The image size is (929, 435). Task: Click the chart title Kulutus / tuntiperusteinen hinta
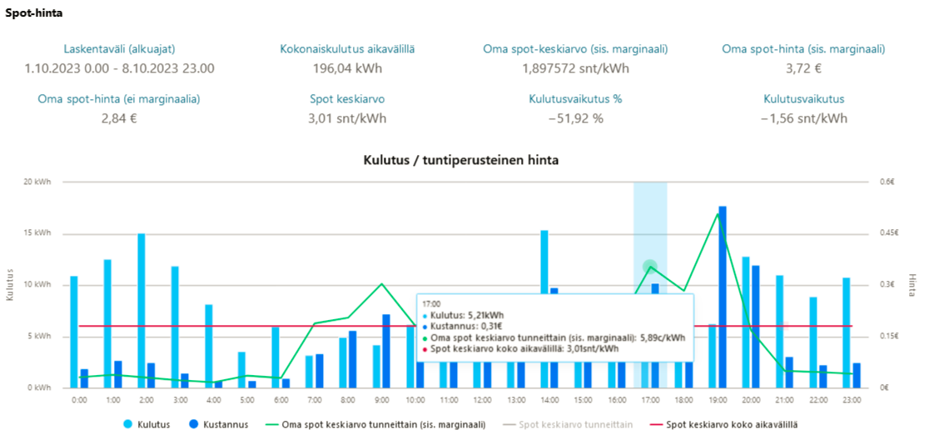[460, 159]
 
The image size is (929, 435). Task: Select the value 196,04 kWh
[347, 68]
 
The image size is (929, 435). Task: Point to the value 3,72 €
[803, 68]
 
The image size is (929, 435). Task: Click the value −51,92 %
[575, 118]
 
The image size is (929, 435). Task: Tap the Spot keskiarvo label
[347, 98]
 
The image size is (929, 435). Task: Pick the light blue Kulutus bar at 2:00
[142, 310]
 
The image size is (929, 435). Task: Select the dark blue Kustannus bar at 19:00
[723, 296]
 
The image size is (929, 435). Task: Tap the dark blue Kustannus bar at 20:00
[756, 326]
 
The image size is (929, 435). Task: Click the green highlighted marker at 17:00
[650, 267]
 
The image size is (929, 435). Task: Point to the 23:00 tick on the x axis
[852, 401]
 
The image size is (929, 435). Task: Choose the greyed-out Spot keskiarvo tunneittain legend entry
[574, 424]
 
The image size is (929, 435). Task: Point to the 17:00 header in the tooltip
[432, 304]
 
